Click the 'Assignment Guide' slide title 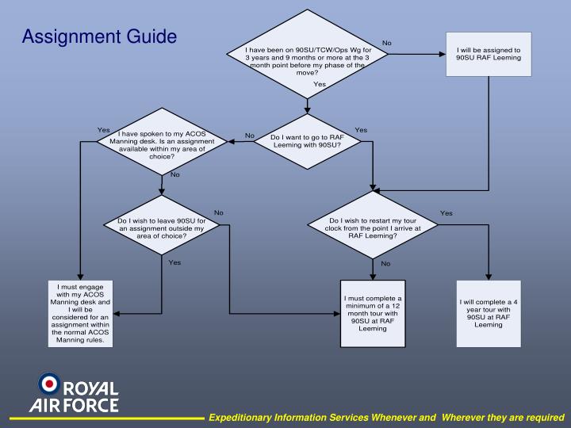[99, 36]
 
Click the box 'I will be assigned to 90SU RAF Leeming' [489, 54]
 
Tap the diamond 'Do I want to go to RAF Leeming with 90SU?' [308, 141]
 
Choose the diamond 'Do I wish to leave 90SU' [162, 227]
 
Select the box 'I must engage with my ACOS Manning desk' [80, 313]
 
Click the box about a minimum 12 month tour [372, 313]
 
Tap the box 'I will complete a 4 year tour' [489, 313]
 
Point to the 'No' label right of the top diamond [387, 43]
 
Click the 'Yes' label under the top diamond [320, 84]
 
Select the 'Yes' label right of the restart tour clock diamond [446, 213]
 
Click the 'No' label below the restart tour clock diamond [385, 263]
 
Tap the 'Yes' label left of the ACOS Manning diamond [103, 130]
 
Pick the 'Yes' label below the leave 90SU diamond [174, 262]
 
